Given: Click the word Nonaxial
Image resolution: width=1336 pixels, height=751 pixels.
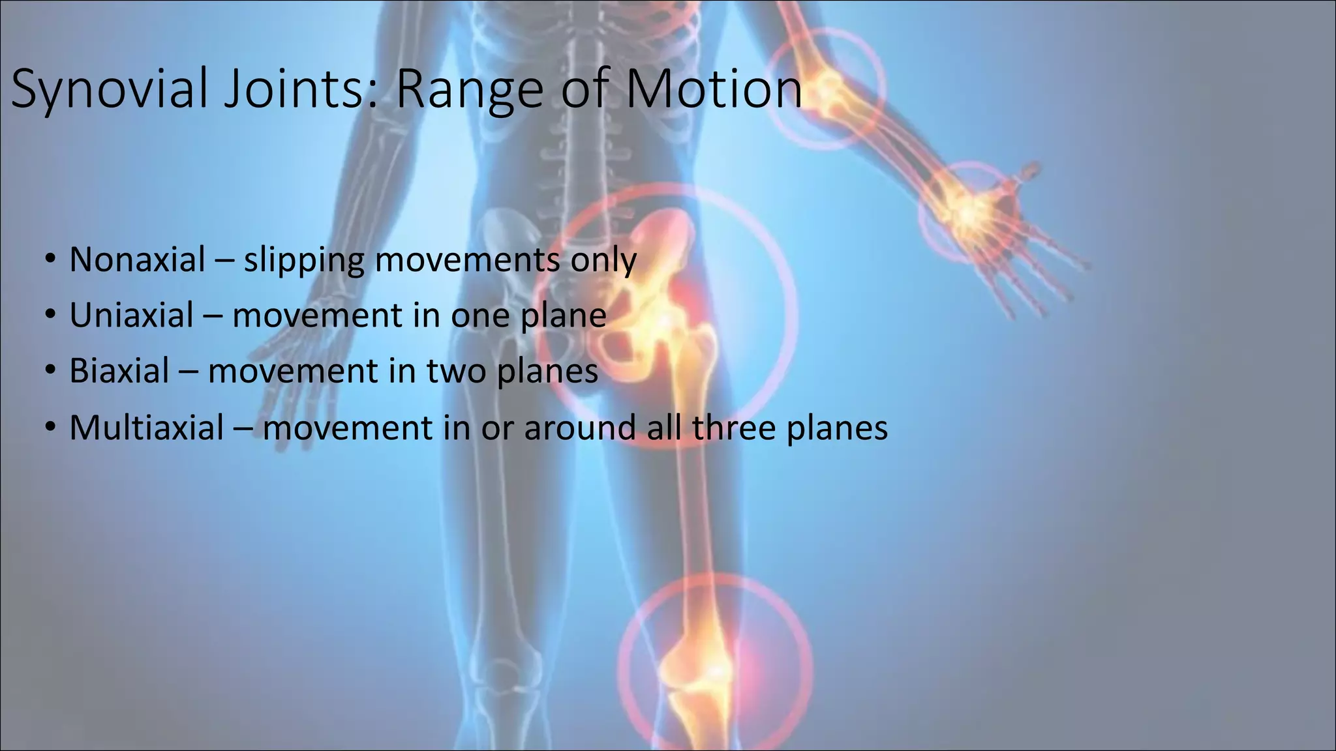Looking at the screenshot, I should click(138, 259).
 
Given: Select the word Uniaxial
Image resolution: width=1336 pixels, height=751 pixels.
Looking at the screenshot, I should click(132, 316).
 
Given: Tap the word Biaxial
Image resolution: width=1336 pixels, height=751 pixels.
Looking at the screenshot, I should click(119, 371).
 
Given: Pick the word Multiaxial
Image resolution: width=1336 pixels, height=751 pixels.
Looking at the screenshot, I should click(147, 428).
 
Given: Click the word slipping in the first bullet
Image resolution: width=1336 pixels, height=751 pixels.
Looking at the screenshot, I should click(304, 261).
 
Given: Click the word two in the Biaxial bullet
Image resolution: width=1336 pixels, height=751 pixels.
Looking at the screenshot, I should click(456, 372).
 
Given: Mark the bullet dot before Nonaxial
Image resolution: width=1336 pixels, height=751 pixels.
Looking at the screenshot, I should click(51, 260).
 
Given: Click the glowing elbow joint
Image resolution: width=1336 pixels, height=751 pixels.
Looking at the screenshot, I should click(827, 90).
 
